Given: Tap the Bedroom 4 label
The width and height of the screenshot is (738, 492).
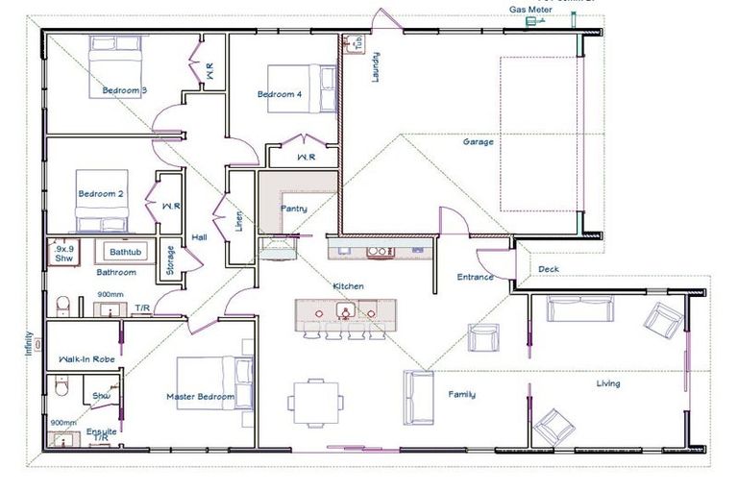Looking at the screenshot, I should click(x=280, y=94).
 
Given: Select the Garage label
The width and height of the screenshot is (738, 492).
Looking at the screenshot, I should click(x=479, y=142).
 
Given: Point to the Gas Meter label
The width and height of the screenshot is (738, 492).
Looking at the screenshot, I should click(x=530, y=10).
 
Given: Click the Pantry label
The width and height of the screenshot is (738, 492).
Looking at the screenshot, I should click(x=293, y=208).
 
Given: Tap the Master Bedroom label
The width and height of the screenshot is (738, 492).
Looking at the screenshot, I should click(x=200, y=397).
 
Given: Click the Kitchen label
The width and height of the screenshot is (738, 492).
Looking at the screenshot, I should click(x=348, y=286).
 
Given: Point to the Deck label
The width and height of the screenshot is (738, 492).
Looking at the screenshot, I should click(x=549, y=269).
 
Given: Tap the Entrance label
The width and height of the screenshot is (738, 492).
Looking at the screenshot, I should click(x=475, y=278).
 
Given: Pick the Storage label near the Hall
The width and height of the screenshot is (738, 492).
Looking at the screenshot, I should click(x=170, y=259).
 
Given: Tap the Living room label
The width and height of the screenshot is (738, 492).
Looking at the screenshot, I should click(x=607, y=383).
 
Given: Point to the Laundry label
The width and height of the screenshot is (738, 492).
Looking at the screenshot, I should click(x=377, y=67).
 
